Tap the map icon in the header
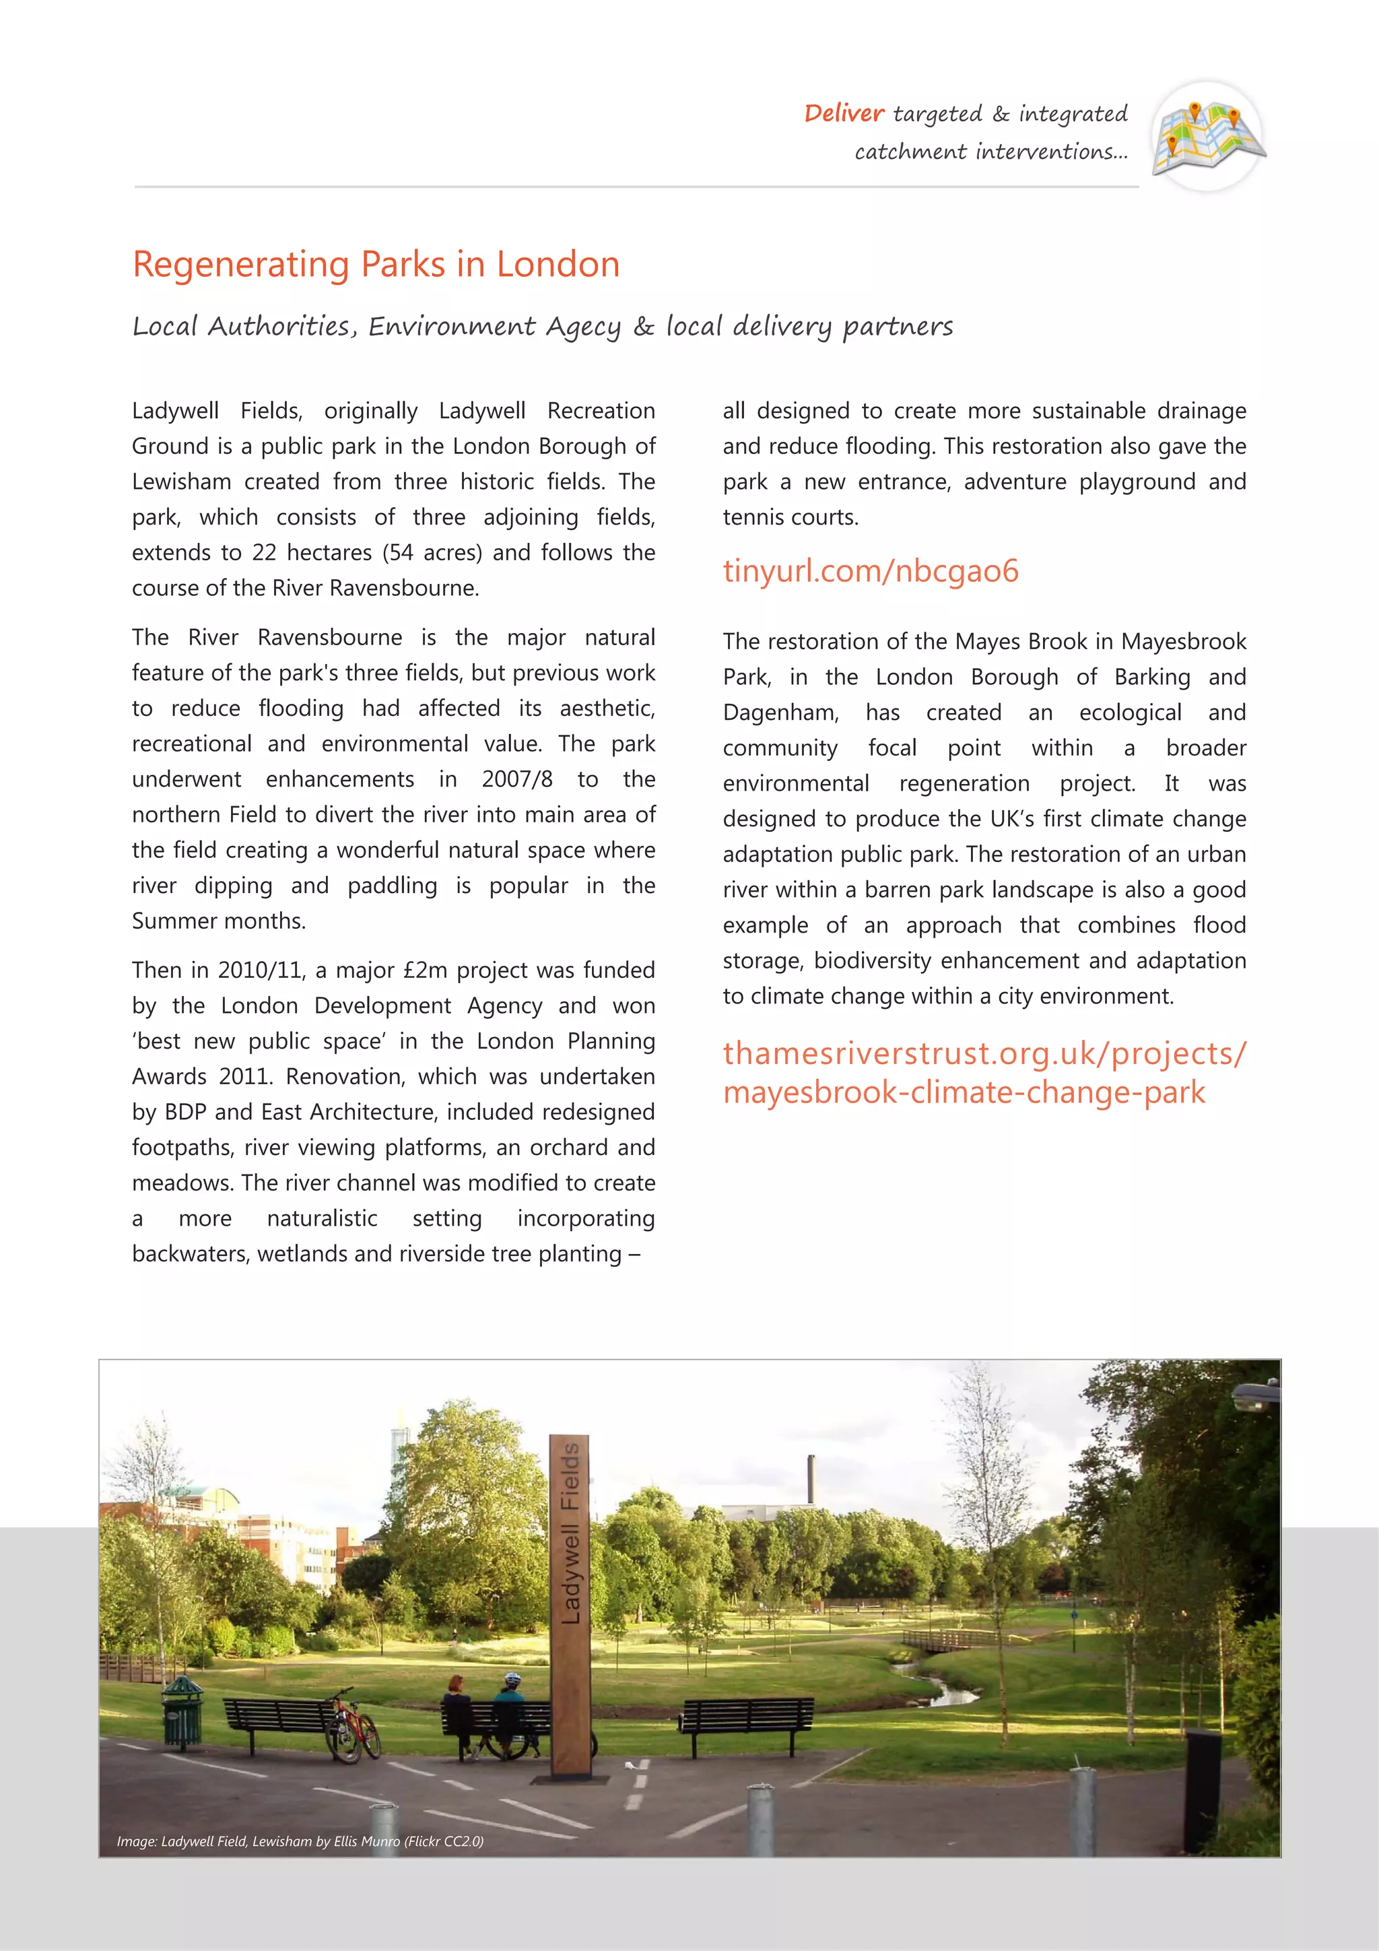click(x=1207, y=137)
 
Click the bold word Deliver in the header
click(x=844, y=114)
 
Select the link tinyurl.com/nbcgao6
click(x=870, y=570)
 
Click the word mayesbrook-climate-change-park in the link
click(x=964, y=1092)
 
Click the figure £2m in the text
click(x=425, y=970)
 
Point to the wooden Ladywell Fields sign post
click(x=570, y=1606)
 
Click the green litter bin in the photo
click(x=182, y=1708)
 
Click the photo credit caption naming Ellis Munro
click(x=300, y=1841)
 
